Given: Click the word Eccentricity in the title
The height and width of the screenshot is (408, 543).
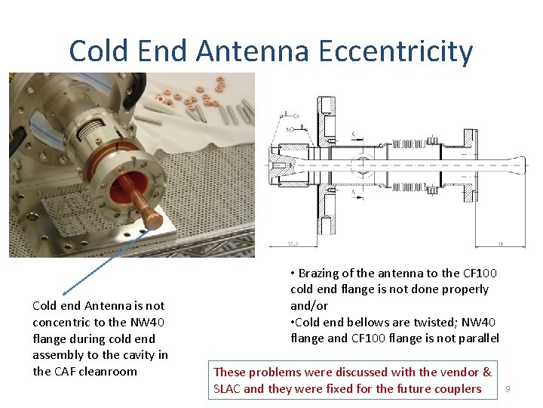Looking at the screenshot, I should pyautogui.click(x=396, y=51).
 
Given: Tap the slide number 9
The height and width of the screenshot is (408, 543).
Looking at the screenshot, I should pyautogui.click(x=508, y=388).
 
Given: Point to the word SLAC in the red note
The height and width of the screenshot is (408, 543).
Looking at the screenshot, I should pyautogui.click(x=229, y=388).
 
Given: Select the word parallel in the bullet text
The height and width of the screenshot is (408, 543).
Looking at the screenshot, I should pyautogui.click(x=475, y=338).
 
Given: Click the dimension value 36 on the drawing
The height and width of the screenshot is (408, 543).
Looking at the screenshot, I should pyautogui.click(x=500, y=244).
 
